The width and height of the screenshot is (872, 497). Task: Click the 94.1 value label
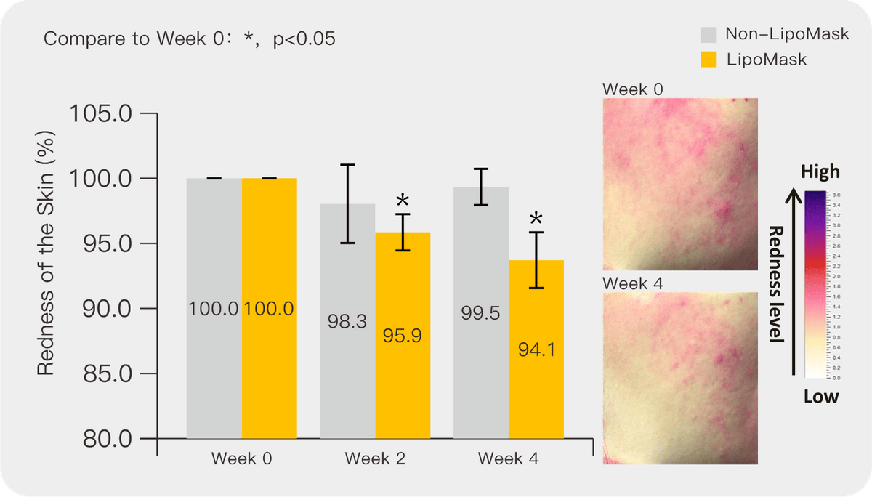click(537, 350)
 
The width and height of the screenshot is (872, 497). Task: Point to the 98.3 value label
click(347, 321)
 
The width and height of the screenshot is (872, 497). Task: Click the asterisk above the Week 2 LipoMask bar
click(403, 201)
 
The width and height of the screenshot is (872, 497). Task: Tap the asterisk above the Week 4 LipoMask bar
click(536, 219)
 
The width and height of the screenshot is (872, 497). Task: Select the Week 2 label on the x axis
click(375, 459)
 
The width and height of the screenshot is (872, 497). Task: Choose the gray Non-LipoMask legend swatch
click(709, 34)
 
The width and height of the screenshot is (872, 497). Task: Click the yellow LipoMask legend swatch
click(709, 60)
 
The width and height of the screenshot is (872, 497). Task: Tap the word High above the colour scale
click(820, 172)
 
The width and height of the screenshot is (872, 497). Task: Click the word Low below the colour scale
click(820, 397)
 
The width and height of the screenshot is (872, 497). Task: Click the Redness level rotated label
click(775, 283)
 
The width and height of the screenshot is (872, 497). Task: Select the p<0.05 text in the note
click(304, 39)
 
